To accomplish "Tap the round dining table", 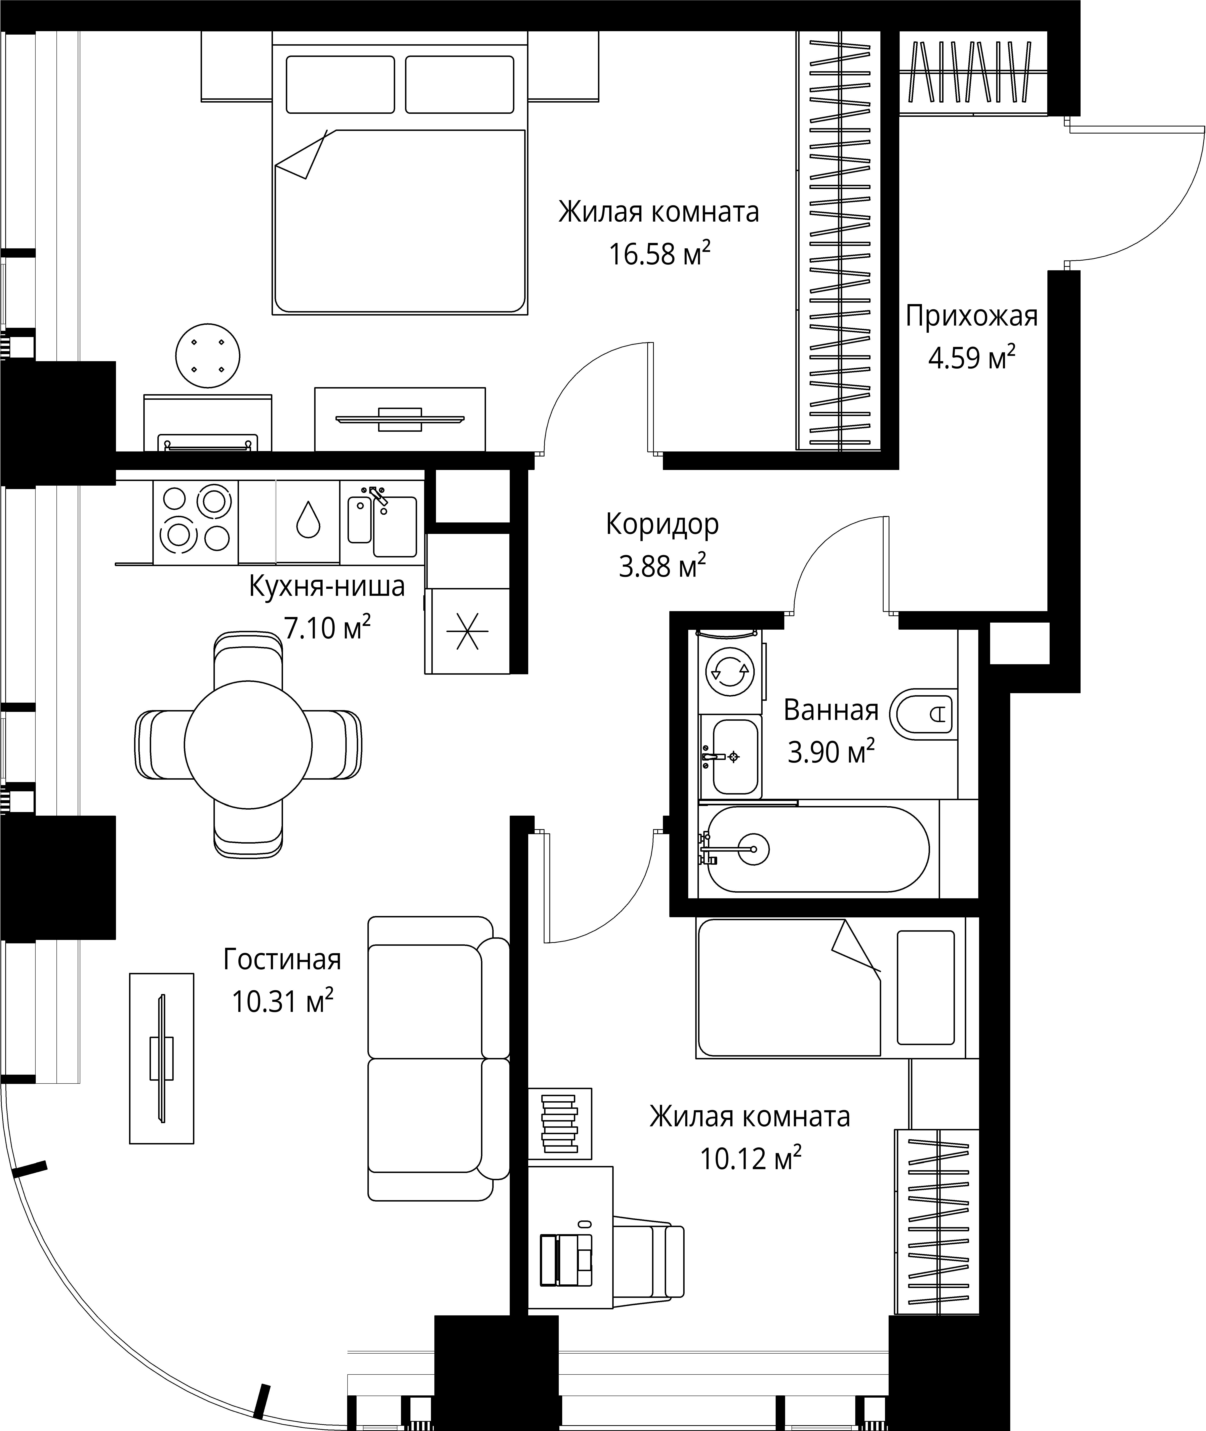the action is pyautogui.click(x=248, y=744).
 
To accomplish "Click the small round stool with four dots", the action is pyautogui.click(x=208, y=356).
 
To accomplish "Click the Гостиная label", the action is pyautogui.click(x=282, y=959).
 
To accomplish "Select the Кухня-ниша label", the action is pyautogui.click(x=327, y=586).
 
